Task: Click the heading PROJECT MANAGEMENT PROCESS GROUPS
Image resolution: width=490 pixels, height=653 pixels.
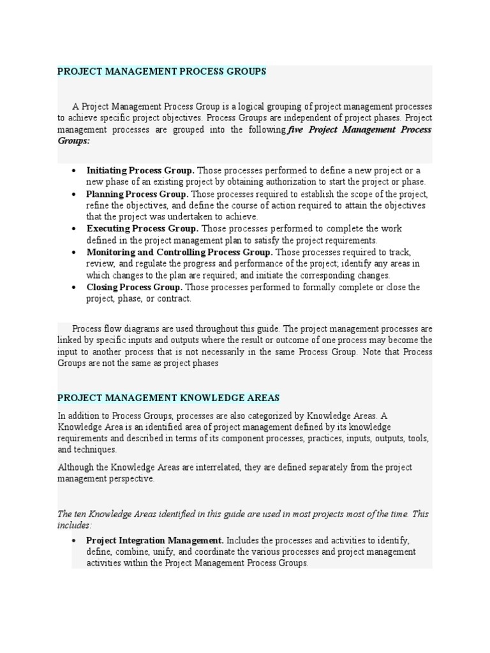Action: pyautogui.click(x=161, y=71)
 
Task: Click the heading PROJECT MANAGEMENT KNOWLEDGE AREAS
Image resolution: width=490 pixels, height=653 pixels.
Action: pyautogui.click(x=168, y=398)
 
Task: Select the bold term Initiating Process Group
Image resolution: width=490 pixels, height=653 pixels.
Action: pyautogui.click(x=140, y=170)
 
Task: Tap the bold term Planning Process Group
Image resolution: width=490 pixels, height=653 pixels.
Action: pyautogui.click(x=137, y=194)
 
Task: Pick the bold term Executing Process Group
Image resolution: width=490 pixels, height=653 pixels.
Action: pyautogui.click(x=142, y=228)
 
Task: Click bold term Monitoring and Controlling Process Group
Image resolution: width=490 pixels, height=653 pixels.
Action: pyautogui.click(x=180, y=252)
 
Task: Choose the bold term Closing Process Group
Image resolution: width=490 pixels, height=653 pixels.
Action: pyautogui.click(x=135, y=287)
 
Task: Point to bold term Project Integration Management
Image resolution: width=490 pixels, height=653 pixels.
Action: pyautogui.click(x=155, y=540)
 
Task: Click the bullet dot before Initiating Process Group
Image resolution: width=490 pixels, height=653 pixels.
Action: pyautogui.click(x=75, y=171)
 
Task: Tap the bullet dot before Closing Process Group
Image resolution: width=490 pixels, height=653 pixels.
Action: pyautogui.click(x=75, y=288)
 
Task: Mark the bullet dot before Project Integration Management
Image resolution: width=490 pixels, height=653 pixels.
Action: pyautogui.click(x=75, y=541)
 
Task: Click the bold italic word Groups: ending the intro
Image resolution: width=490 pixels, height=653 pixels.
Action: pyautogui.click(x=73, y=141)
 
